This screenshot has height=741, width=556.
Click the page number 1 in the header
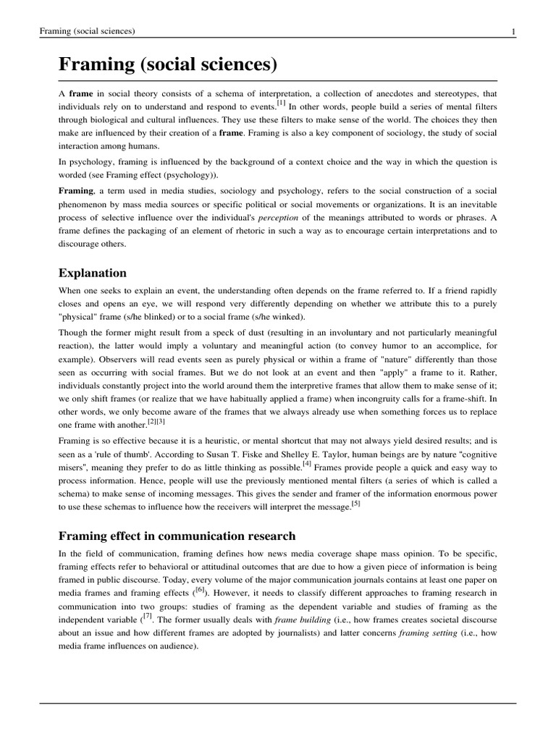point(513,31)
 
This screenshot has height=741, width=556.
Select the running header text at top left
point(88,31)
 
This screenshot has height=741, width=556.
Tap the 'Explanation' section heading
point(93,273)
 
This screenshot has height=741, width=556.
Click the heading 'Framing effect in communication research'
point(177,535)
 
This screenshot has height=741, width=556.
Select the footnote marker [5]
point(355,504)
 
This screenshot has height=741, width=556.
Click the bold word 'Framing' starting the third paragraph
point(76,191)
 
